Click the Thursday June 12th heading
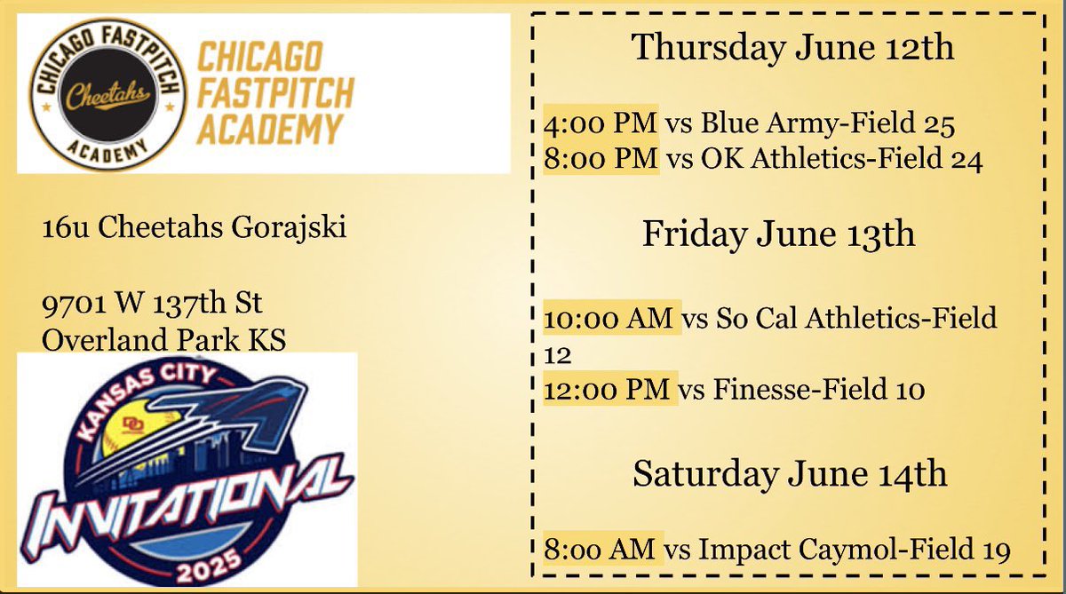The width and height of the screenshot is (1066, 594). (792, 47)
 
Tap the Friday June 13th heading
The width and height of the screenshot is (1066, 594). (778, 234)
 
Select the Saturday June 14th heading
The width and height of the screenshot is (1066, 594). (790, 474)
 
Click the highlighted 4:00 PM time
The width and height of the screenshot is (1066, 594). (600, 123)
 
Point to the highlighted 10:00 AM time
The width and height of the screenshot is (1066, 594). (610, 317)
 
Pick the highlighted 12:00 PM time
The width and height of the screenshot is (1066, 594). (609, 388)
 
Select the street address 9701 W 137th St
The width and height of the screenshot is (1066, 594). (152, 305)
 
